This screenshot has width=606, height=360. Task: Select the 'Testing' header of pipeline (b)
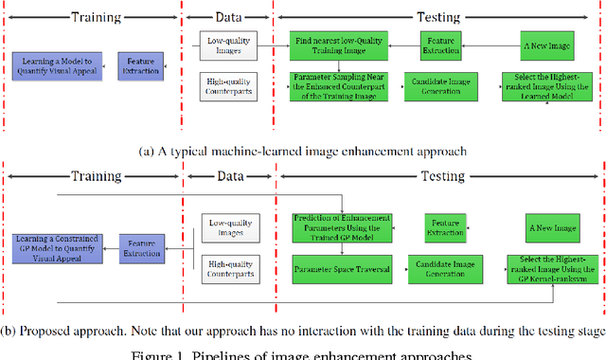pos(438,176)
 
